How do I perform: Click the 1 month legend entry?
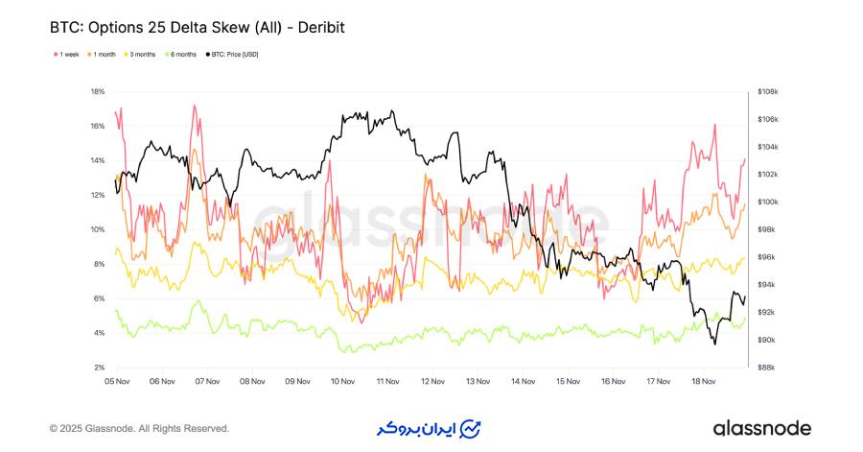104,55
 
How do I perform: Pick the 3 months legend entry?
142,55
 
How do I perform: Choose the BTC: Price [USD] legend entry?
233,55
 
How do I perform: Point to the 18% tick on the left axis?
97,92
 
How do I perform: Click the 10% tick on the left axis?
97,229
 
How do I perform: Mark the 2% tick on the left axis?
98,368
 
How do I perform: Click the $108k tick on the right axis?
768,92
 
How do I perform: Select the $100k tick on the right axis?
768,202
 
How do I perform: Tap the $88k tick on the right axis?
766,368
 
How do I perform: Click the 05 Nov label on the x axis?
117,381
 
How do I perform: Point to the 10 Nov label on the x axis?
342,381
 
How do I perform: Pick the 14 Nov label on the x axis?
523,381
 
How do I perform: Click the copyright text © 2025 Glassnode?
139,428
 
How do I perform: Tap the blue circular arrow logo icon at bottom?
471,428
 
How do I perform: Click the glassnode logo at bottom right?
761,428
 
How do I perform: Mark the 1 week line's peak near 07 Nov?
195,106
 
